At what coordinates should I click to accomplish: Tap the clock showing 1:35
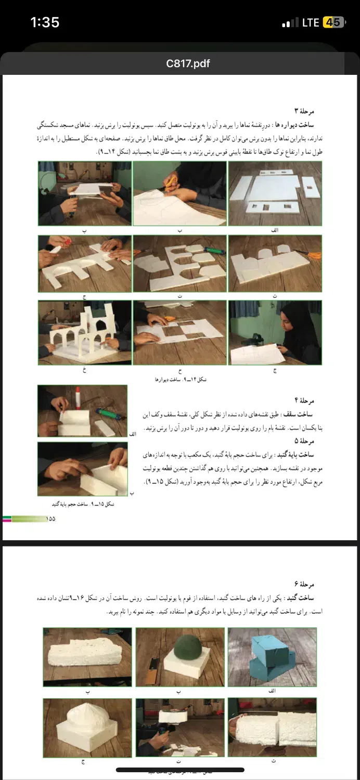pos(45,22)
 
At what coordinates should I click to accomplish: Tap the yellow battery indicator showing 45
pos(333,22)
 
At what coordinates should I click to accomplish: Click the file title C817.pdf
pos(181,63)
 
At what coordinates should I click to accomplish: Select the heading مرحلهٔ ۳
pos(304,111)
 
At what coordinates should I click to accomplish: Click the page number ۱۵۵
pos(51,518)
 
